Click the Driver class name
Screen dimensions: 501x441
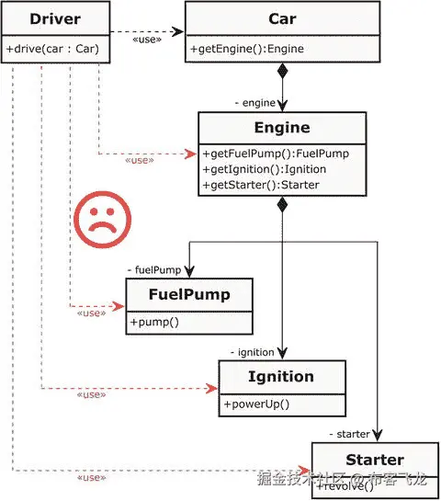tap(55, 19)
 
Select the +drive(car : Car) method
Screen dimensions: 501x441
tap(56, 49)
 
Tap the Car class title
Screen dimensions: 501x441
tap(282, 19)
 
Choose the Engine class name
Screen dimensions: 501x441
tap(282, 128)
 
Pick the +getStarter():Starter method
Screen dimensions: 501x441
tap(260, 185)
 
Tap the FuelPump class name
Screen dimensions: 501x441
tap(189, 295)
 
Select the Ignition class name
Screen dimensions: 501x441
tap(281, 376)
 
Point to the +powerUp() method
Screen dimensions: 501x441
tap(256, 404)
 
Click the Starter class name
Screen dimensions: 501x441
tap(374, 459)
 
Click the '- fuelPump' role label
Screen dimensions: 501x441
tap(153, 270)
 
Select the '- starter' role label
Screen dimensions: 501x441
tap(348, 433)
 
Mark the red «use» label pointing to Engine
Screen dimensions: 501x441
tap(139, 160)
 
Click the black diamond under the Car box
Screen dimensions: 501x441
tap(284, 71)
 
